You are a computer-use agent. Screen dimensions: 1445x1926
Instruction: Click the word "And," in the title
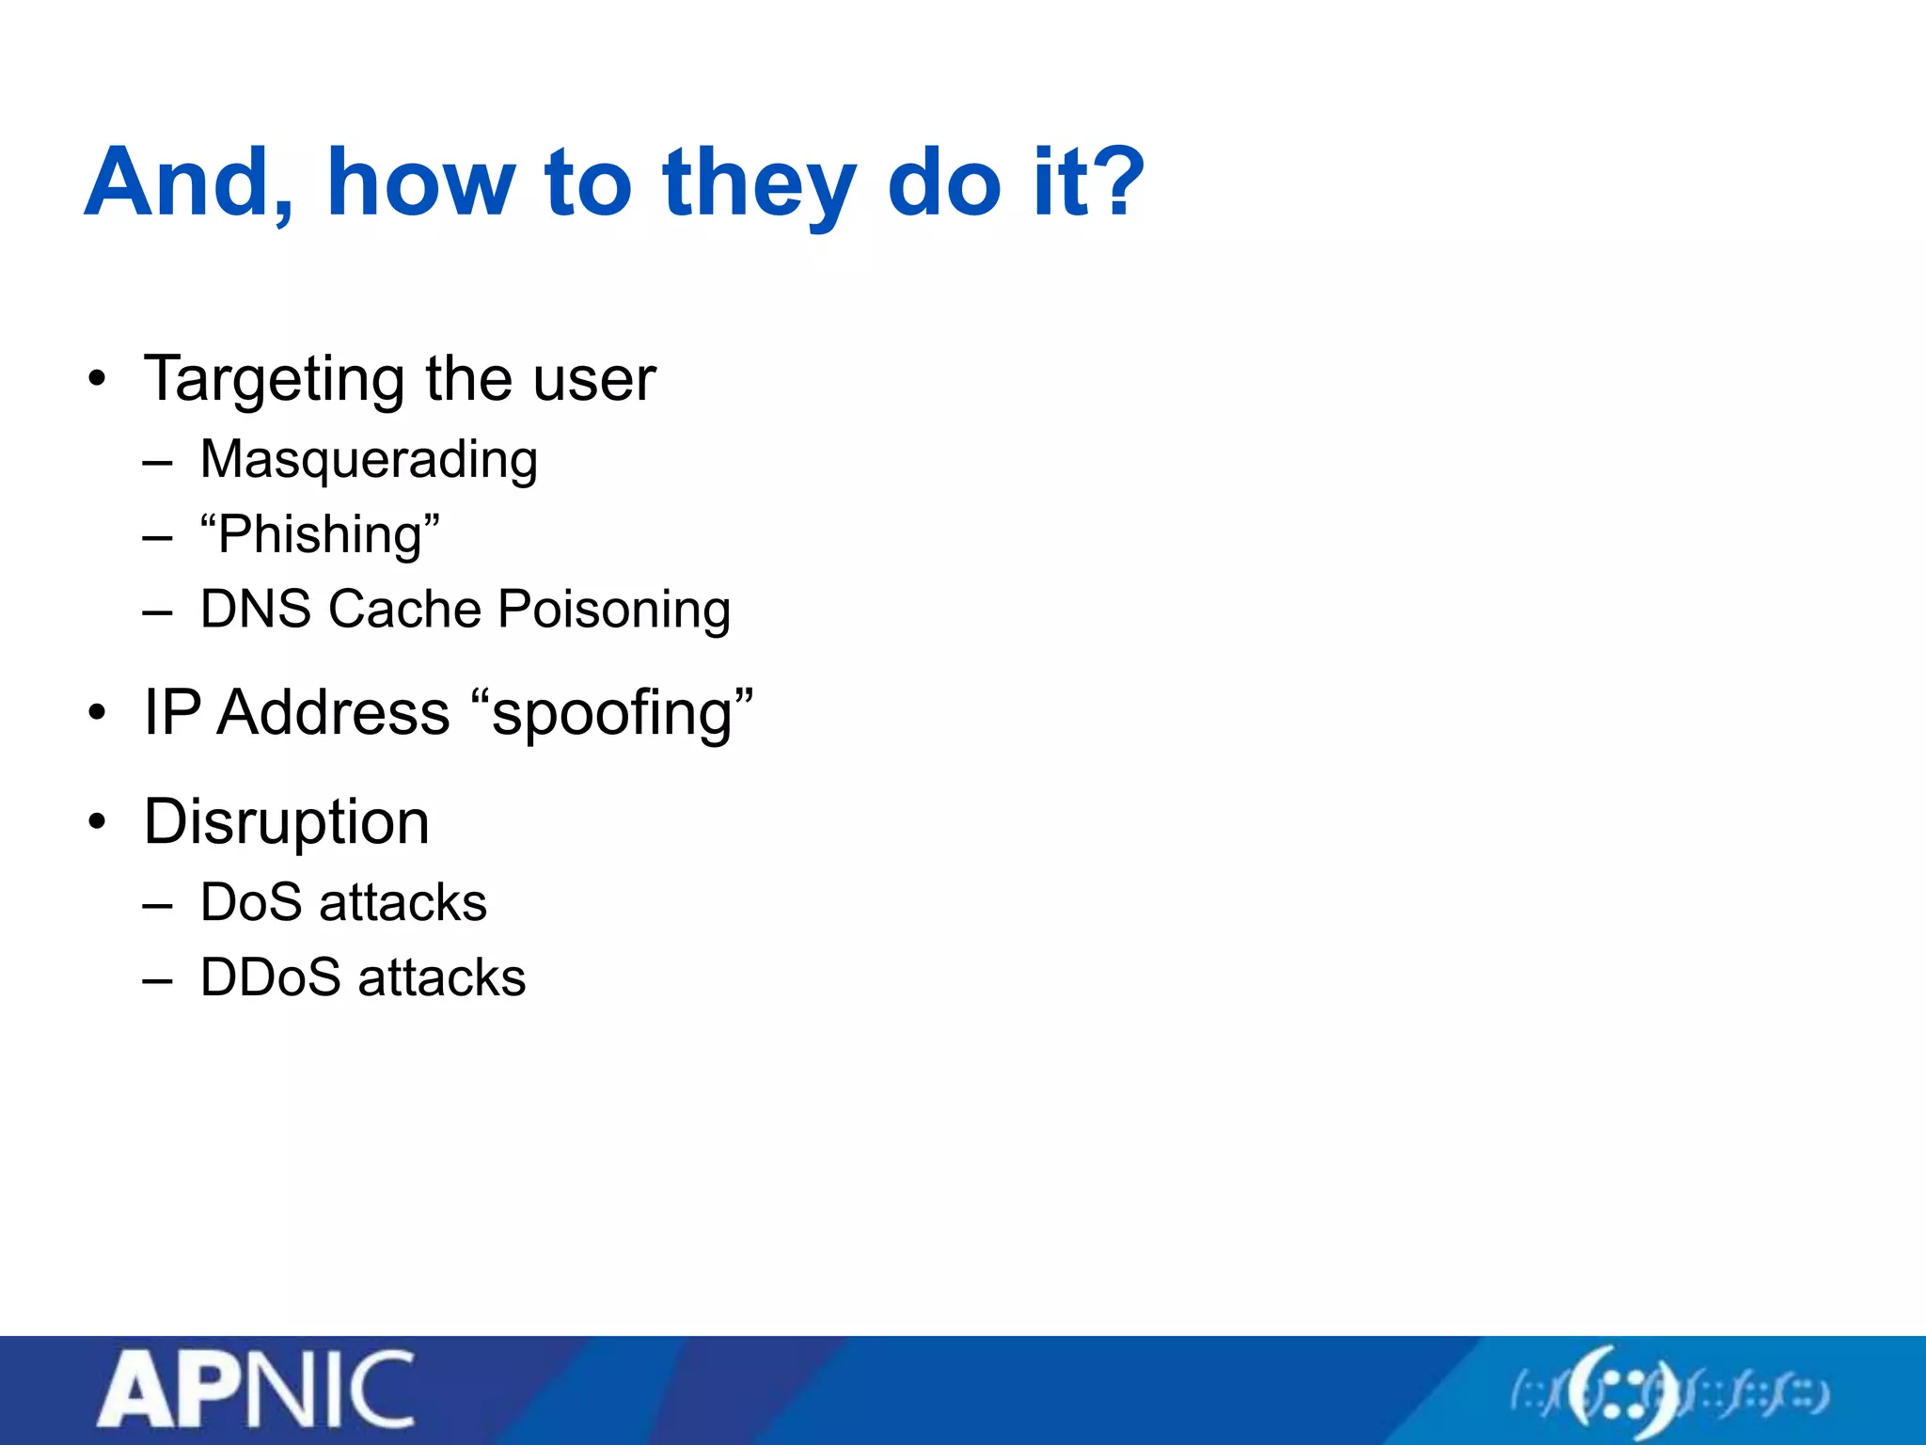point(188,184)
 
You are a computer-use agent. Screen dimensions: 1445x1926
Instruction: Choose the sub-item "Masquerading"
point(369,461)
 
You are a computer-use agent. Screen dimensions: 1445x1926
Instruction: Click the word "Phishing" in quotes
point(320,535)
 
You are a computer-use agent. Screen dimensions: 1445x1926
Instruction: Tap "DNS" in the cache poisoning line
point(256,609)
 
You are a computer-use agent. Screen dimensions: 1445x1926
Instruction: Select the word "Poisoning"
point(614,611)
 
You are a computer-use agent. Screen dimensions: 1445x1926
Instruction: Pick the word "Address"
point(334,712)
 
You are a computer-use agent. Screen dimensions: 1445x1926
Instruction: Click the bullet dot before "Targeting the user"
point(97,380)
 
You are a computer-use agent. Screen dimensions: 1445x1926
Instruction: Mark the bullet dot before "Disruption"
point(97,822)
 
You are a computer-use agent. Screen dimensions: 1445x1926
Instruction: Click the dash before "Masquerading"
point(158,463)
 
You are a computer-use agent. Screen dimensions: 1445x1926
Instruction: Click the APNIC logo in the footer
point(256,1390)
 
